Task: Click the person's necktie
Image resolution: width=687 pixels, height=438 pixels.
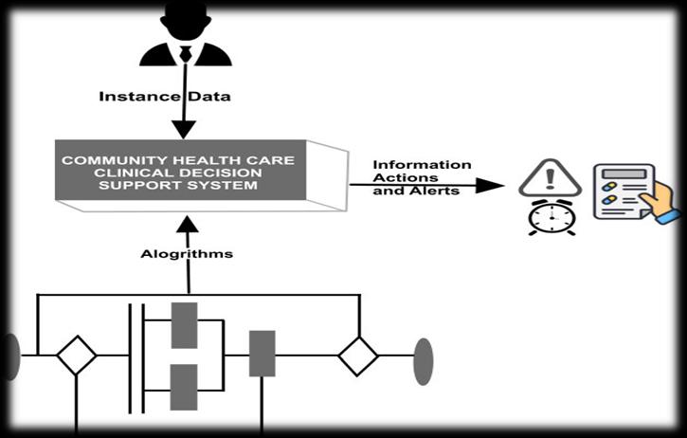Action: tap(186, 51)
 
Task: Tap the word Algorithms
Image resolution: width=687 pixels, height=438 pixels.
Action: tap(188, 253)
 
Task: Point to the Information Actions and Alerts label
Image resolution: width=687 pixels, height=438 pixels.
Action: tap(422, 177)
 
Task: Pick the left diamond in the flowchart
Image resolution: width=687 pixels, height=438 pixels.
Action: tap(76, 356)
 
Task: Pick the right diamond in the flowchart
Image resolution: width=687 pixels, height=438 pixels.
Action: tap(358, 356)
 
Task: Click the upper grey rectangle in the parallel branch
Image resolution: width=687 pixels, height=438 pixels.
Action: tap(184, 325)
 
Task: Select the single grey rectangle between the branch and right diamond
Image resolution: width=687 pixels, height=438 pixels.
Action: tap(262, 354)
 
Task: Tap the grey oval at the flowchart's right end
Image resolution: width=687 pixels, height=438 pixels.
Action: tap(423, 360)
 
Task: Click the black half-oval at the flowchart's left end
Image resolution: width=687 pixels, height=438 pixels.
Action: tap(11, 356)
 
